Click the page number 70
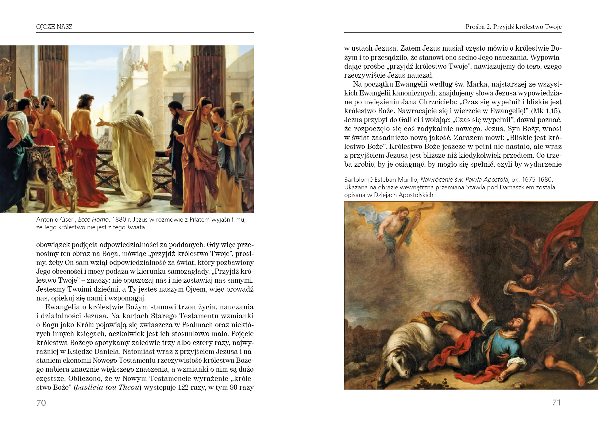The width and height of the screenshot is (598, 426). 41,403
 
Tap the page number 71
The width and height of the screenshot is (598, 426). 556,403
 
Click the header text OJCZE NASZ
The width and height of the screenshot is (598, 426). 54,27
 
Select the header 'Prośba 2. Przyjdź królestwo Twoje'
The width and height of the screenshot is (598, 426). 513,27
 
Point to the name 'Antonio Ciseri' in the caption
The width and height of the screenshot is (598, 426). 56,219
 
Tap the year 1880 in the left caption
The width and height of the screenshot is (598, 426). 119,219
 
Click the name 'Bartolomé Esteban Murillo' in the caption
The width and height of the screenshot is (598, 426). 381,180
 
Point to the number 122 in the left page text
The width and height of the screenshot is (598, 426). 183,387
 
